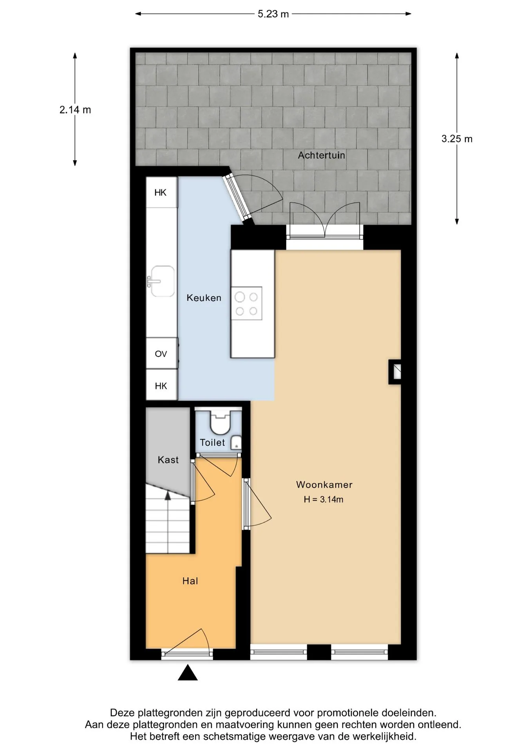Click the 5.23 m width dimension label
tap(273, 14)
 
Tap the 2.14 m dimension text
tap(75, 110)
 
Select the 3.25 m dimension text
tap(457, 139)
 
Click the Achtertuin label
tap(321, 155)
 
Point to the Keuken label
tap(204, 298)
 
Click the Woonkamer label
tap(324, 485)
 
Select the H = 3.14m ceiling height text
tap(324, 499)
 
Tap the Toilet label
tap(212, 443)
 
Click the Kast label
tap(168, 460)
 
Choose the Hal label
tap(190, 581)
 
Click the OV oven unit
tap(161, 353)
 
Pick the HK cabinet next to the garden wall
tap(161, 192)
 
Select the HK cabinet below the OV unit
tap(161, 385)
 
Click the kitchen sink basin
tap(162, 281)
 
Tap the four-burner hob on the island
tap(246, 304)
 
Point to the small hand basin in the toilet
tap(236, 443)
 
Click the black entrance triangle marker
tap(188, 672)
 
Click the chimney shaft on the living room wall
tap(395, 372)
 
